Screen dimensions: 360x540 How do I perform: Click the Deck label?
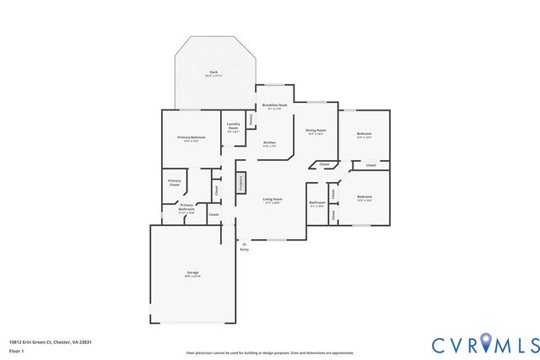213,73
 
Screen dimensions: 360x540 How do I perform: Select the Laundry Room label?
234,127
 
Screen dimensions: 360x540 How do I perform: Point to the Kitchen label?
270,142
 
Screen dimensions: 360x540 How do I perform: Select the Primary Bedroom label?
191,137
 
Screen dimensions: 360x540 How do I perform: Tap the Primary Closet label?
174,182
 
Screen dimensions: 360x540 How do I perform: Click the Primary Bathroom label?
186,208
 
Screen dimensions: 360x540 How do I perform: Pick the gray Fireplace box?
240,184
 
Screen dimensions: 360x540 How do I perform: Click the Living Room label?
272,200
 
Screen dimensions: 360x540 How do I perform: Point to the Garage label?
192,273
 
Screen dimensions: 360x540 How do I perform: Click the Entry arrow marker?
245,244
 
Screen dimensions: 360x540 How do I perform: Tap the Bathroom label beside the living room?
317,203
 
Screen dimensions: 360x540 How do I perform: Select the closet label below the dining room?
324,164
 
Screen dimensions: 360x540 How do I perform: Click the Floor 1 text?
16,350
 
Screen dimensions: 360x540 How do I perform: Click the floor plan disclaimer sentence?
270,352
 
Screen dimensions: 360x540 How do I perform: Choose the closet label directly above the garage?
213,215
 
